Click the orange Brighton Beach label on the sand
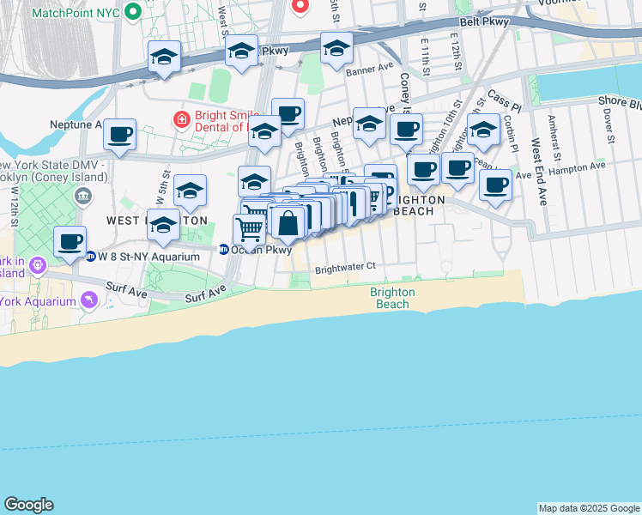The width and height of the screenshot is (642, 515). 393,298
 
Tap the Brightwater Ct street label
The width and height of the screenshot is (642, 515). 345,267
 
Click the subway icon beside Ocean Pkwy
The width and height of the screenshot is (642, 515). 224,250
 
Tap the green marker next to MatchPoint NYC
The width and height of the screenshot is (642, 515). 131,13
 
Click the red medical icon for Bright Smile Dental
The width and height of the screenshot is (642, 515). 181,119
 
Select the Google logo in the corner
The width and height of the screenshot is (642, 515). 28,505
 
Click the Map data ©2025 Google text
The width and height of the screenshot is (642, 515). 589,508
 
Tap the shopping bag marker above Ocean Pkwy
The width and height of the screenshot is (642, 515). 288,223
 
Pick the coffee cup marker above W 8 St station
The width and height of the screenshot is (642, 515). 70,242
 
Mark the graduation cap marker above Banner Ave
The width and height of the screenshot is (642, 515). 336,49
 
